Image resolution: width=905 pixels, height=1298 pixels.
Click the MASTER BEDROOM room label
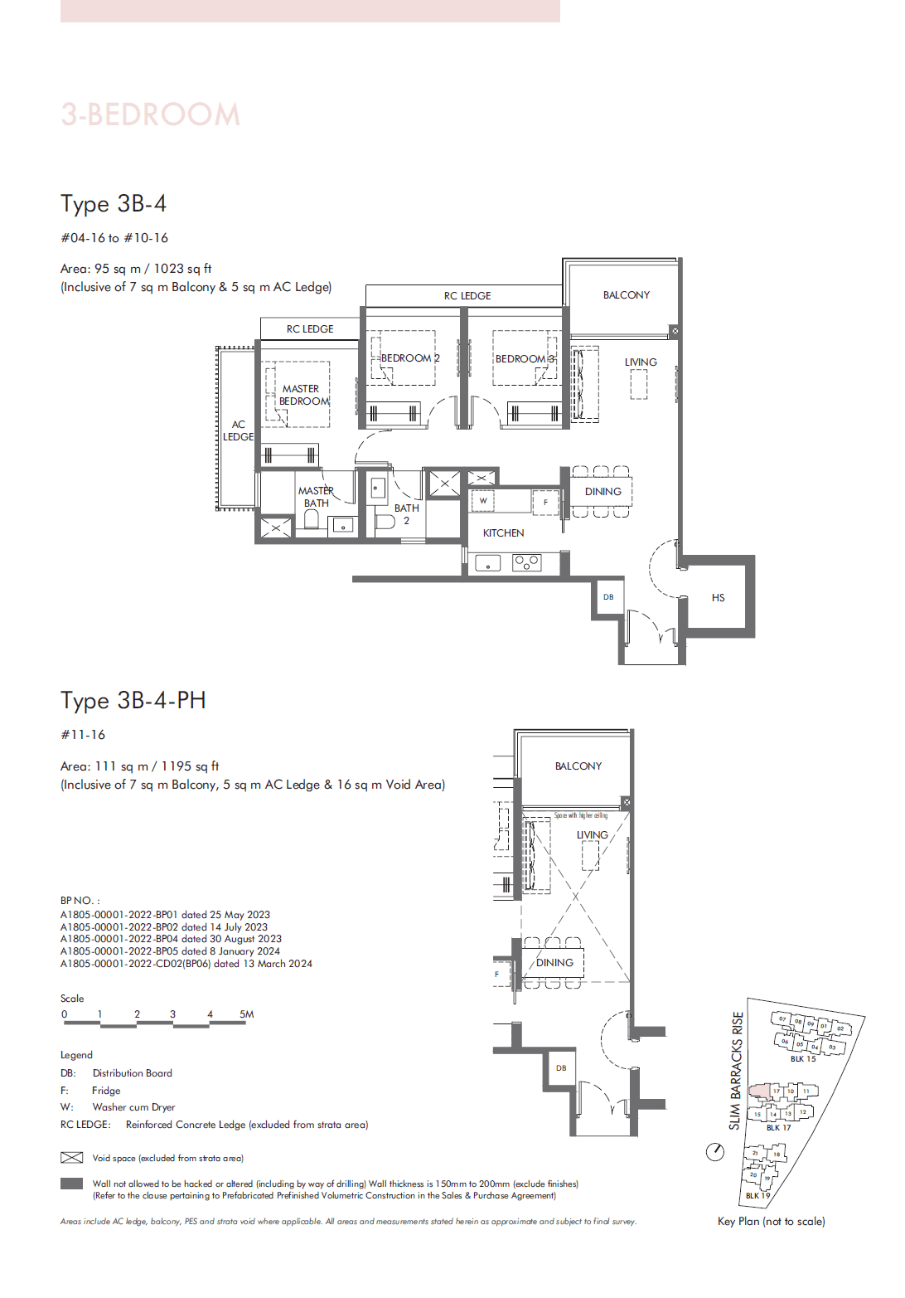point(303,395)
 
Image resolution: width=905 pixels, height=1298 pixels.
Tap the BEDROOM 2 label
point(410,358)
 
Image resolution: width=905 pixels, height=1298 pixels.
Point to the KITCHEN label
point(503,533)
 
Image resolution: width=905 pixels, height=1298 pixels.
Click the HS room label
point(718,598)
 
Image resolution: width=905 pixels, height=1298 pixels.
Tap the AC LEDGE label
point(238,430)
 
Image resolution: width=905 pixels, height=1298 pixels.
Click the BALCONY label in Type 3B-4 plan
point(626,295)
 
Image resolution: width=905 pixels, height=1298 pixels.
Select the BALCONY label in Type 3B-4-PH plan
point(578,766)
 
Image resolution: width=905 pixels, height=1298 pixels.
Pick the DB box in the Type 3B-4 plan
point(608,597)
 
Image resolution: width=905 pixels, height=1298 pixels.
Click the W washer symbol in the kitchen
point(483,501)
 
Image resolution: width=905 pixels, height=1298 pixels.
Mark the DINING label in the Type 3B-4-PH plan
point(554,963)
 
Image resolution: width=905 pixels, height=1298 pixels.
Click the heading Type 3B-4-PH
point(133,701)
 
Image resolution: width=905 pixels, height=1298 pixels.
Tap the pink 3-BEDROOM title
point(150,114)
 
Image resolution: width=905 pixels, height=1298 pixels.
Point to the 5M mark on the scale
point(246,1014)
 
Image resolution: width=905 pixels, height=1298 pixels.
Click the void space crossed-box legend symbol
point(72,1158)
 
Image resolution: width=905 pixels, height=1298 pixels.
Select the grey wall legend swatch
point(72,1184)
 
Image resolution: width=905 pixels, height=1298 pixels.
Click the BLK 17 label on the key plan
point(778,1127)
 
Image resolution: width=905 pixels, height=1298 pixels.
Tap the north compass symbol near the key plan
point(714,1151)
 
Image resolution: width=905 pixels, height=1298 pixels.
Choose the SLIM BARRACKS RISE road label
point(735,1070)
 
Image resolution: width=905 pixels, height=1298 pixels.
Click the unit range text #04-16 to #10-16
point(114,238)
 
